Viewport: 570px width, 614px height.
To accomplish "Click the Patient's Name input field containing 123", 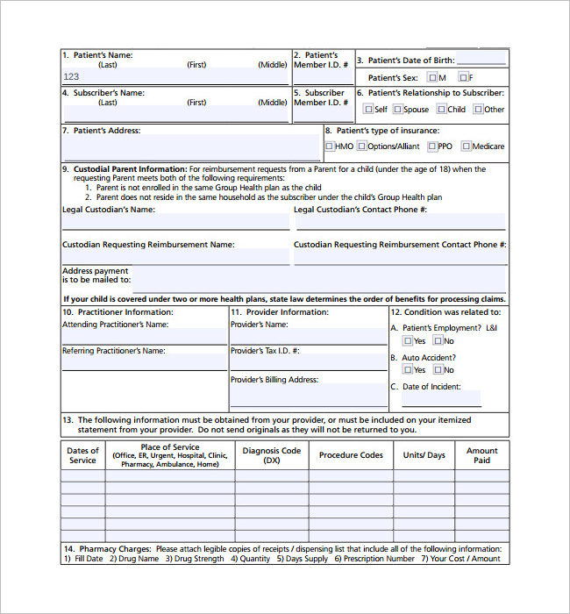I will (x=175, y=77).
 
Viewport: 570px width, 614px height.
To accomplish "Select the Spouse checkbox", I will (x=397, y=110).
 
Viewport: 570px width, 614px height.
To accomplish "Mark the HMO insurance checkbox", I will (x=329, y=146).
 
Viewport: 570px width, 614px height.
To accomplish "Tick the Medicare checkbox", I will (x=467, y=146).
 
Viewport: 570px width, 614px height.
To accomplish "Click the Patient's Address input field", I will (x=191, y=148).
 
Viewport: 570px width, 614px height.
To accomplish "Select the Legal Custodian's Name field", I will (x=175, y=222).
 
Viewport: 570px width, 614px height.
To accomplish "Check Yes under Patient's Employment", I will (x=408, y=341).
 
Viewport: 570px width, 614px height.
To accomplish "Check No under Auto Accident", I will (x=437, y=370).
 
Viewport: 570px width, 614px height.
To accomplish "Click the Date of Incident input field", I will (x=441, y=399).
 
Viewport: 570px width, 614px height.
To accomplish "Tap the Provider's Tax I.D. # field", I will (x=308, y=362).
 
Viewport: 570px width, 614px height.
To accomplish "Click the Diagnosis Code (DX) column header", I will (x=271, y=455).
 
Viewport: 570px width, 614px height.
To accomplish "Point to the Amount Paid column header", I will (x=481, y=455).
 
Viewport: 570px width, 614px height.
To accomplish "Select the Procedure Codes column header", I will (x=351, y=455).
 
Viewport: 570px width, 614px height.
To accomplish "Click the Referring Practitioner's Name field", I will (x=144, y=362).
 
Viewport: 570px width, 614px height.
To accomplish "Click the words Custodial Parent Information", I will (x=130, y=169).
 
